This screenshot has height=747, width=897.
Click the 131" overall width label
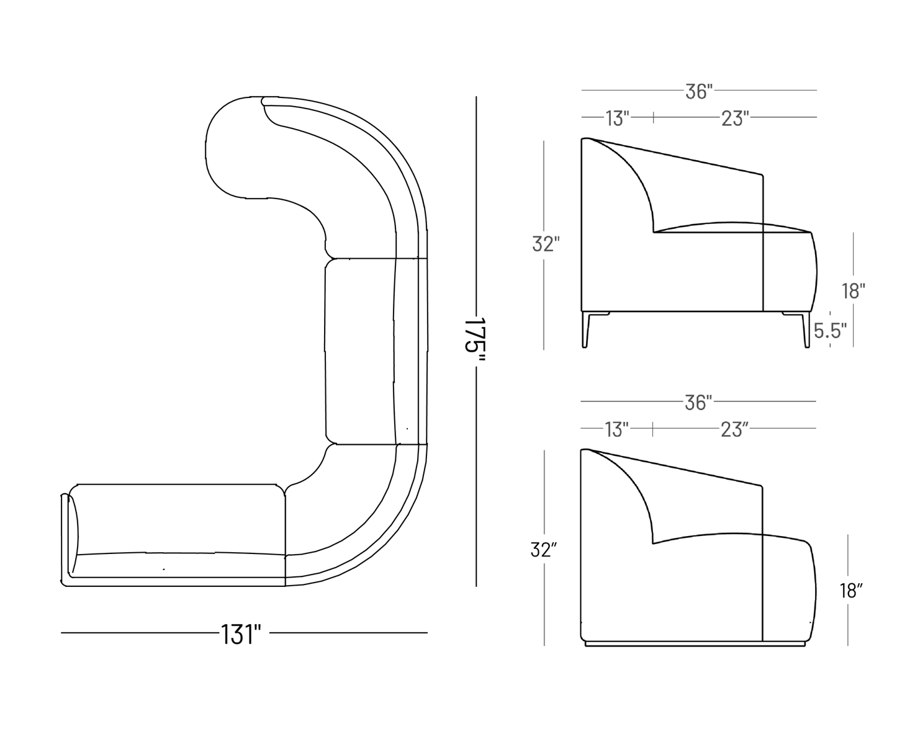[x=240, y=634]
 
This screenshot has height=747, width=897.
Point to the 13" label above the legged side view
[x=617, y=118]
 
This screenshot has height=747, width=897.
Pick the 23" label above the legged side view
[x=734, y=118]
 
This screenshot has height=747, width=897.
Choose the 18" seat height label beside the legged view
[x=853, y=290]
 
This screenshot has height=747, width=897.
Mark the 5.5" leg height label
[x=831, y=331]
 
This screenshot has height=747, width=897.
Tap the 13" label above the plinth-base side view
[x=616, y=429]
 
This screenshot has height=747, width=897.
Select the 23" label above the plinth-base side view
[x=734, y=429]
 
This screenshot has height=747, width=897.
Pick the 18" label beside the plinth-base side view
[x=852, y=591]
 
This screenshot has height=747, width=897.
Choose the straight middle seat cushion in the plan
[x=359, y=351]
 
